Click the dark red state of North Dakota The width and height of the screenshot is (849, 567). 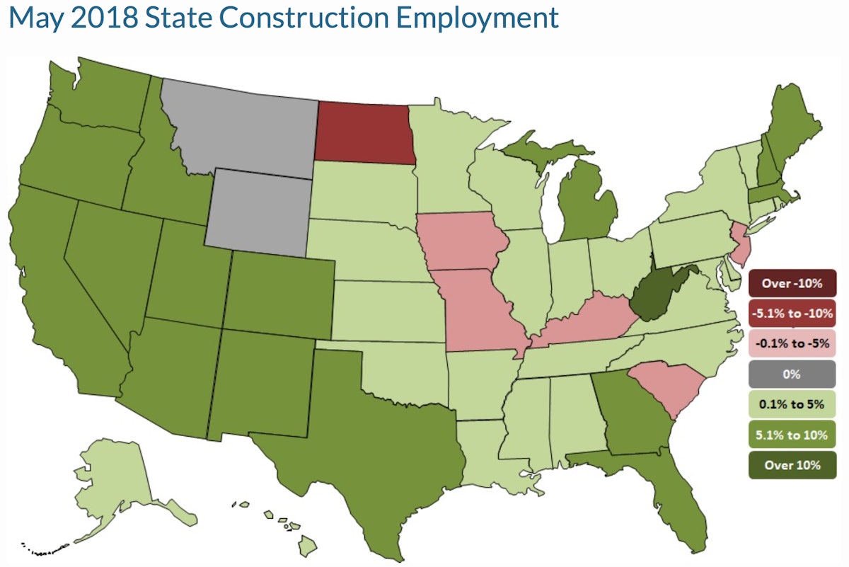point(362,132)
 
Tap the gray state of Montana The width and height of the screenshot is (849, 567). point(241,127)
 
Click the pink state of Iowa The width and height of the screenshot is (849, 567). point(461,241)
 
